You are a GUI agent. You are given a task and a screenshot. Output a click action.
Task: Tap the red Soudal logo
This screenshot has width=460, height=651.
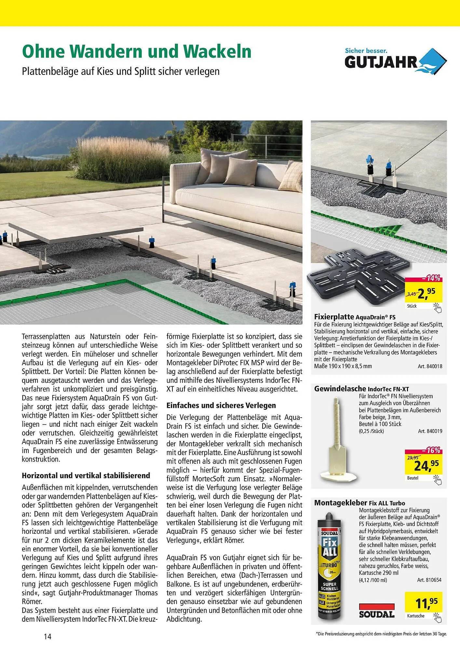coord(376,611)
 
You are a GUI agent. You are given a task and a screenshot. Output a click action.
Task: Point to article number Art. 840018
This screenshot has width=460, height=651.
coord(430,366)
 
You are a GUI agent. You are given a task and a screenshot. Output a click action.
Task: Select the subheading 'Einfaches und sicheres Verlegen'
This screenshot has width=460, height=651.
coord(221,406)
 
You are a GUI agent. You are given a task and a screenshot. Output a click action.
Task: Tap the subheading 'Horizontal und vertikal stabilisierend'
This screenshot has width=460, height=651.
coord(86,476)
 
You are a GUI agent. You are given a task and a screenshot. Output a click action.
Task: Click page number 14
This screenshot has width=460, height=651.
coord(48,637)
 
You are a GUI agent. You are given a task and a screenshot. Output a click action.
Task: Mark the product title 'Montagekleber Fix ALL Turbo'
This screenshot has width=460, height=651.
coord(359,503)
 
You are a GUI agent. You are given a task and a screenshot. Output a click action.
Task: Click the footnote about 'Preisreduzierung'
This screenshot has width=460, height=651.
coord(381,634)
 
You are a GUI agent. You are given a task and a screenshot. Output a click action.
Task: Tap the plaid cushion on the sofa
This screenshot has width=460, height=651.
coord(291,178)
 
